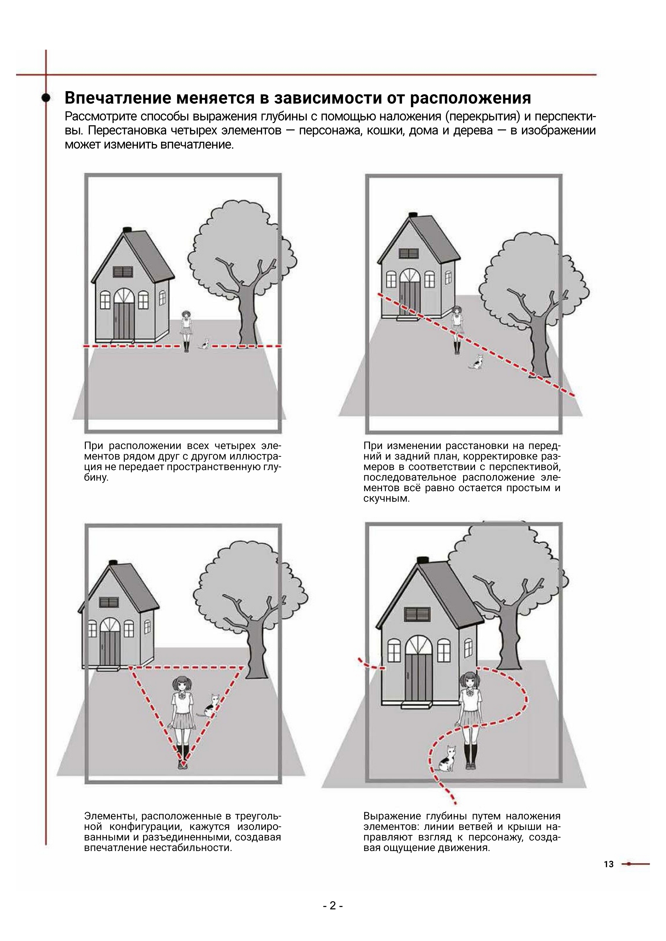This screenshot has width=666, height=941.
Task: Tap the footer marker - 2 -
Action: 332,905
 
